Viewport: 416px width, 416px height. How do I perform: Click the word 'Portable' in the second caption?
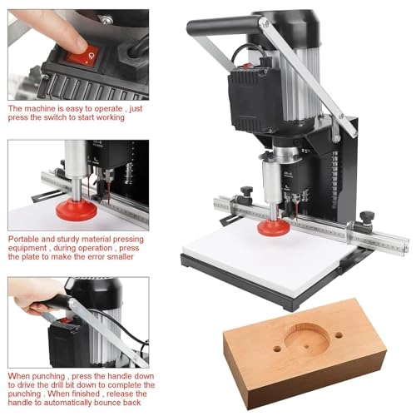point(25,238)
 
